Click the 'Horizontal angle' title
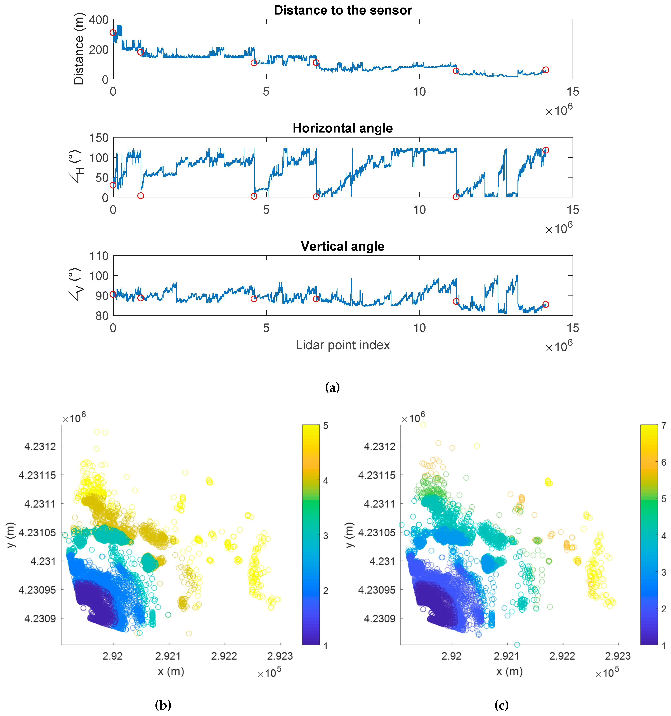pyautogui.click(x=342, y=128)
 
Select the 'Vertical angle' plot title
pyautogui.click(x=342, y=246)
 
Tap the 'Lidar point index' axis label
pyautogui.click(x=342, y=345)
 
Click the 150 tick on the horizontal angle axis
pyautogui.click(x=99, y=138)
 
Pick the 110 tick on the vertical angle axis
pyautogui.click(x=99, y=256)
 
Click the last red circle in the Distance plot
pyautogui.click(x=545, y=70)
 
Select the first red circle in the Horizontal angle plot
pyautogui.click(x=113, y=185)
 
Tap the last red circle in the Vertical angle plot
pyautogui.click(x=545, y=304)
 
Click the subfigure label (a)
pyautogui.click(x=332, y=387)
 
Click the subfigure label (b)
pyautogui.click(x=163, y=705)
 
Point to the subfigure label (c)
pyautogui.click(x=501, y=705)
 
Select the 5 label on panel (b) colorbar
pyautogui.click(x=326, y=426)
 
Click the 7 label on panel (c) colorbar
pyautogui.click(x=664, y=426)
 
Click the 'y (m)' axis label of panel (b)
pyautogui.click(x=11, y=535)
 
